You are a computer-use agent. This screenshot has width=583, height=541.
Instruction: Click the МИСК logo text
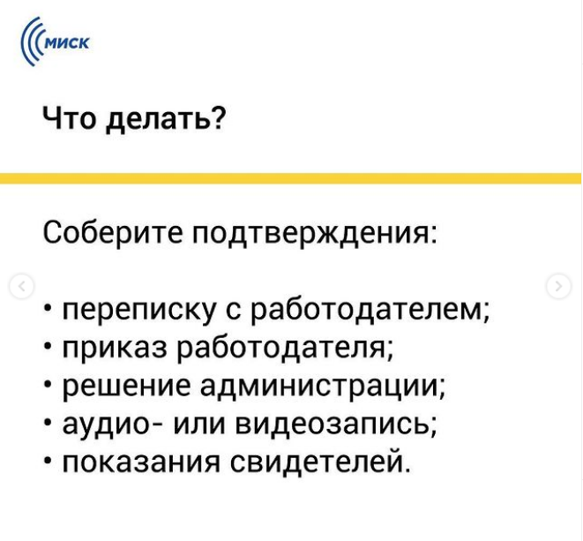click(x=68, y=42)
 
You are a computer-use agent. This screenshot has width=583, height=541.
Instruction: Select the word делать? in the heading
click(x=166, y=119)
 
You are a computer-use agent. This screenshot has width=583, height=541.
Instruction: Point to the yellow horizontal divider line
click(x=291, y=178)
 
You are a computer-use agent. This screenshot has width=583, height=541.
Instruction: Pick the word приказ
click(x=115, y=349)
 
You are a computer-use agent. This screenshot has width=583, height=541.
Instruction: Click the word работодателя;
click(x=285, y=349)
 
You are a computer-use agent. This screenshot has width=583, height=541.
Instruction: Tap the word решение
click(x=126, y=387)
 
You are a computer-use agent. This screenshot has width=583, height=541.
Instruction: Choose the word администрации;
click(x=322, y=387)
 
